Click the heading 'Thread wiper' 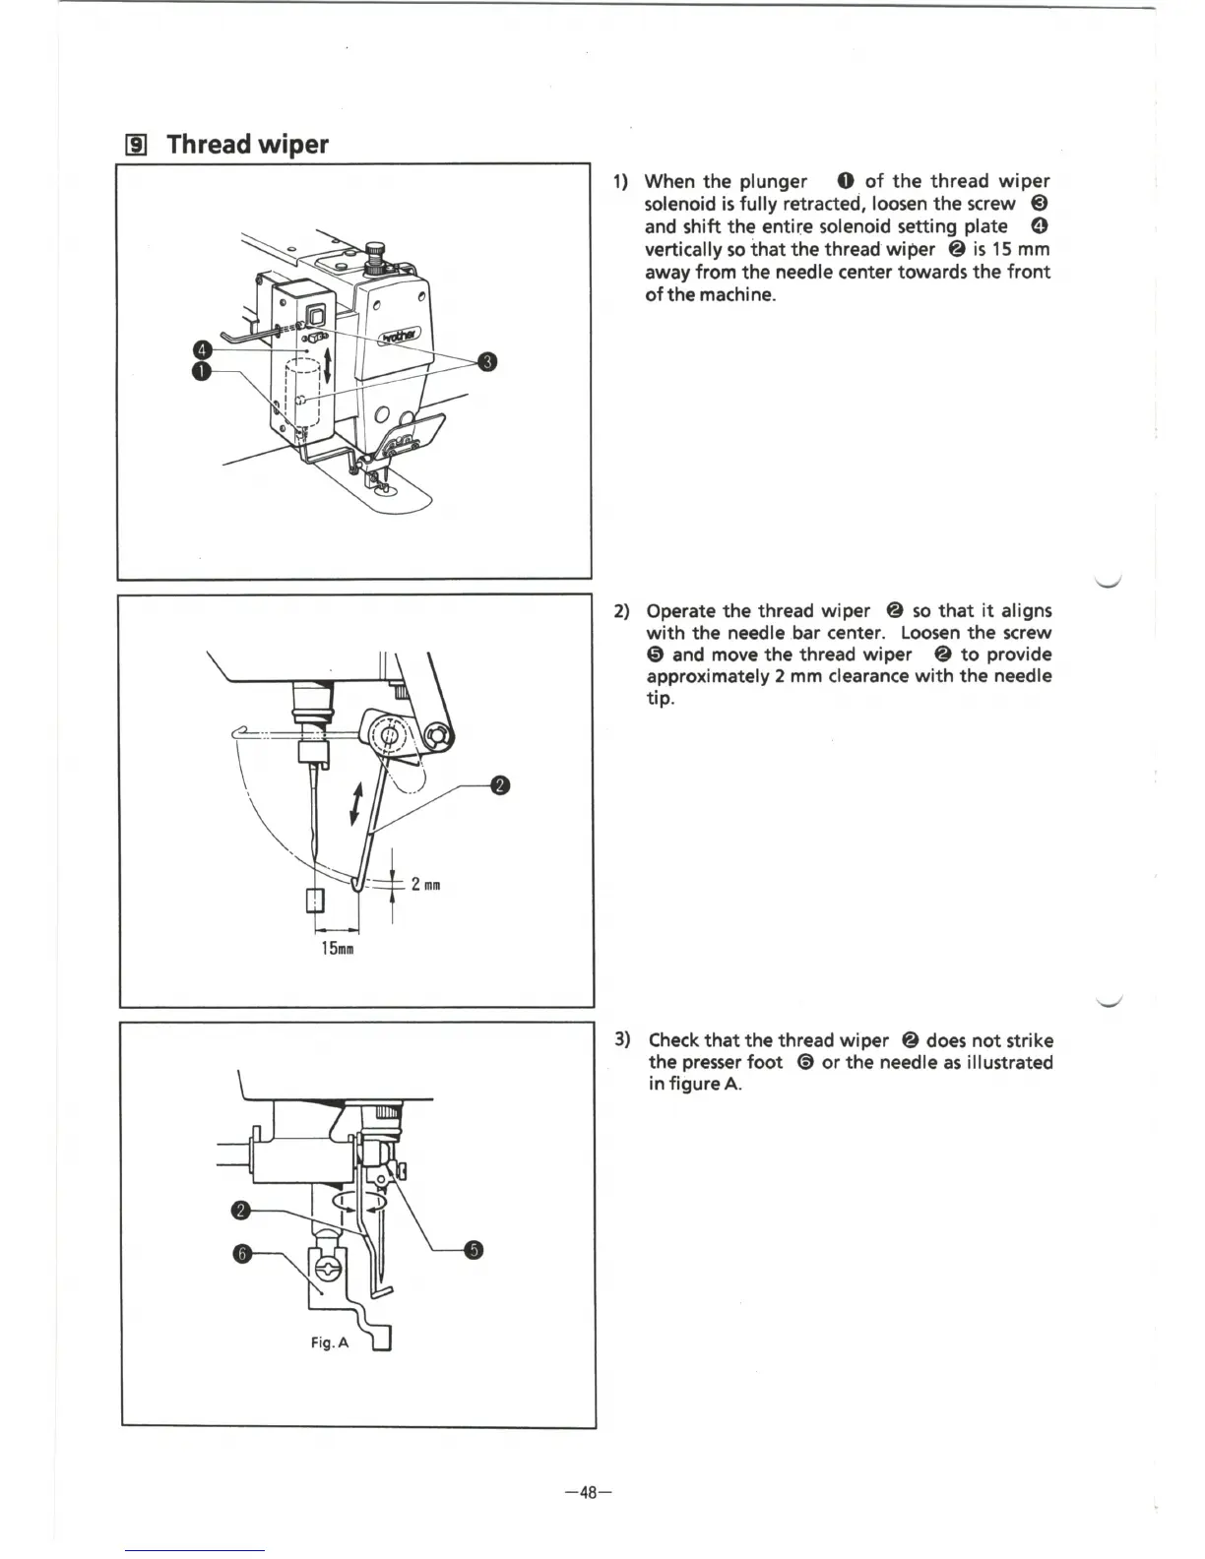pyautogui.click(x=247, y=145)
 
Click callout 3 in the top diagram pyautogui.click(x=485, y=362)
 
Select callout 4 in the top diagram pyautogui.click(x=202, y=349)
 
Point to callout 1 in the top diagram pyautogui.click(x=202, y=371)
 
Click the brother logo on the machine pyautogui.click(x=392, y=338)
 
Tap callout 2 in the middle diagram pyautogui.click(x=500, y=784)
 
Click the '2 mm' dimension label pyautogui.click(x=425, y=885)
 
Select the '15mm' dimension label pyautogui.click(x=337, y=950)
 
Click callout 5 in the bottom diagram pyautogui.click(x=475, y=1250)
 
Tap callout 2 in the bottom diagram pyautogui.click(x=239, y=1209)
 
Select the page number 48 pyautogui.click(x=589, y=1492)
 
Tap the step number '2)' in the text pyautogui.click(x=621, y=611)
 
